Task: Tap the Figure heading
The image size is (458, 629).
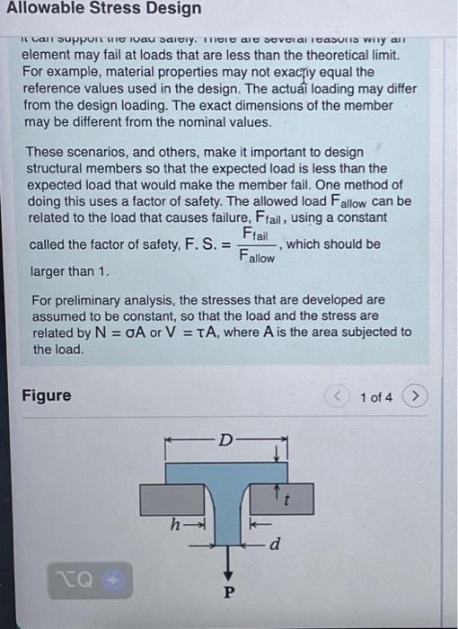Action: tap(46, 396)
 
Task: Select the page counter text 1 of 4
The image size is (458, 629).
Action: tap(376, 397)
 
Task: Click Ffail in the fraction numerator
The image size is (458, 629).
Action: tap(258, 235)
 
